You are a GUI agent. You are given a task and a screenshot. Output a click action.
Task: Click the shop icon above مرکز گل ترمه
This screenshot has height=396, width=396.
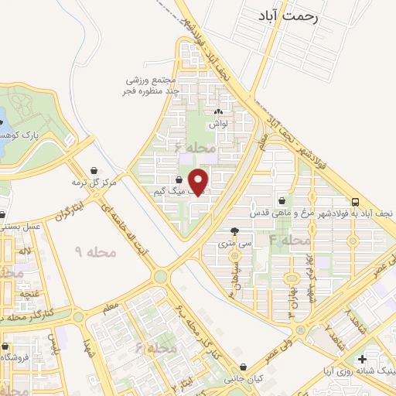point(94,170)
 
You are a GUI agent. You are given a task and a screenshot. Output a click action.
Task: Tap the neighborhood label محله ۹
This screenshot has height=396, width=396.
point(96,251)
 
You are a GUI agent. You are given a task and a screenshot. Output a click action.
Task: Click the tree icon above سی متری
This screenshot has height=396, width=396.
point(234,231)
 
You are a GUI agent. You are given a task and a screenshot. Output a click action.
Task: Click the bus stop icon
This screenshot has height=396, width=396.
point(355,199)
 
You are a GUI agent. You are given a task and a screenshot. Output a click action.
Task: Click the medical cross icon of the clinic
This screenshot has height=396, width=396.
point(362,359)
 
